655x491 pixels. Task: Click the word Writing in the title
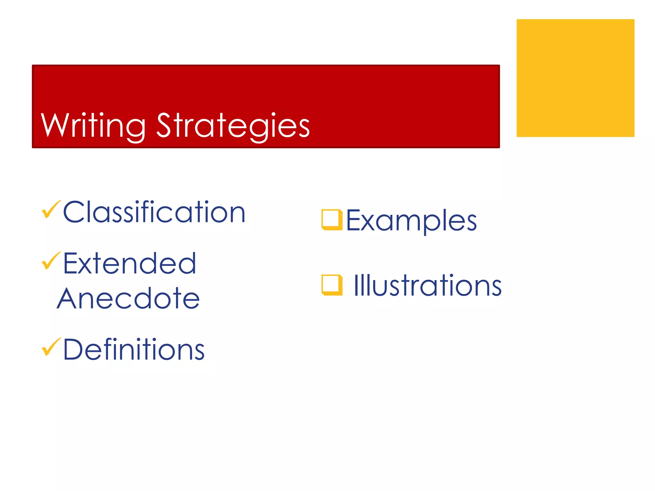tap(93, 125)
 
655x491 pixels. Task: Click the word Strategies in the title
tap(233, 125)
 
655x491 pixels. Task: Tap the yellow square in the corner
tap(575, 78)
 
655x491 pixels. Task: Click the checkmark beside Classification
tap(51, 209)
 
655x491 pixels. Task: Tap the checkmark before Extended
tap(51, 261)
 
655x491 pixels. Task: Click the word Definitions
tap(134, 349)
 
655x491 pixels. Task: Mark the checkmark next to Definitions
tap(51, 347)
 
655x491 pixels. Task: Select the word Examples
tap(411, 220)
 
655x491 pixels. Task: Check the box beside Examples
tap(332, 220)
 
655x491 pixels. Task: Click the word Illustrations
tap(428, 285)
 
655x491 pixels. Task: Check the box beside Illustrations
tap(332, 285)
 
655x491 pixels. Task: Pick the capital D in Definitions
tap(75, 349)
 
